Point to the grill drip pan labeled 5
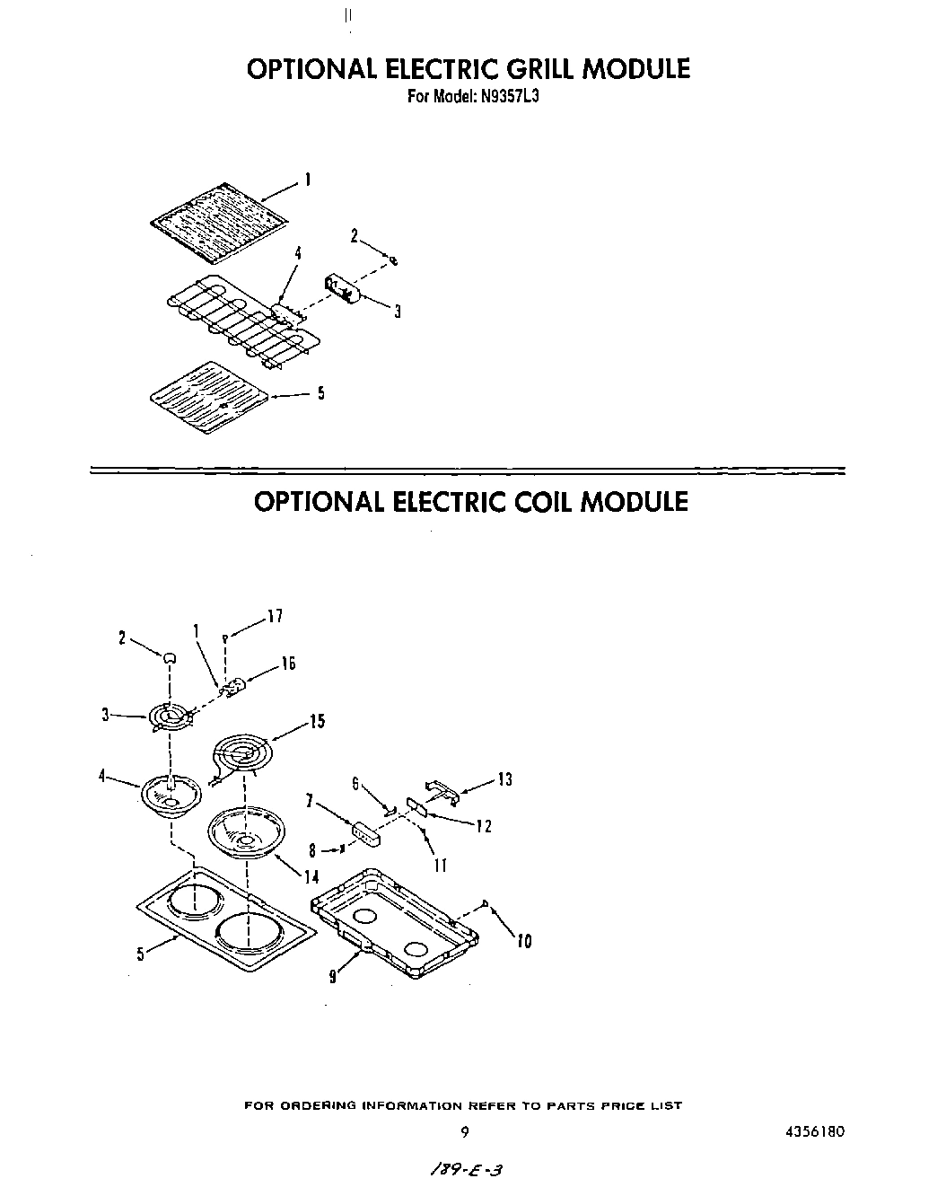[x=208, y=397]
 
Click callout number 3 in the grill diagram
[x=397, y=312]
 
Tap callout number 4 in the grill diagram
[x=297, y=254]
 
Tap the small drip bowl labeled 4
[x=168, y=792]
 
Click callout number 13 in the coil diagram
[x=504, y=779]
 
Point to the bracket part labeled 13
[x=444, y=789]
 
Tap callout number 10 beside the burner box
[x=524, y=941]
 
